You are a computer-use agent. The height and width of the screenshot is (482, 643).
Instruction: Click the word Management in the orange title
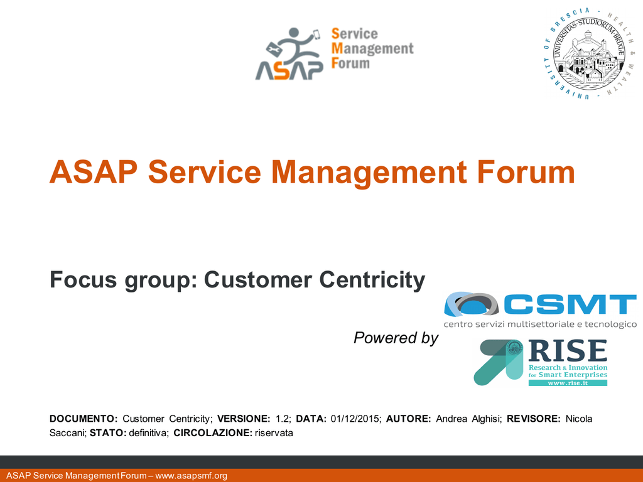[369, 172]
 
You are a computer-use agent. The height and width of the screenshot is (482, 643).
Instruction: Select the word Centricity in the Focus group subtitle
[372, 281]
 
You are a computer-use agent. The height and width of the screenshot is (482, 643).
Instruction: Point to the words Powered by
[396, 338]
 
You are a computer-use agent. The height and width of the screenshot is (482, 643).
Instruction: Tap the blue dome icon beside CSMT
[471, 304]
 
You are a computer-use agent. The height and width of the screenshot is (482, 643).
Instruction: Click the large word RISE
[568, 351]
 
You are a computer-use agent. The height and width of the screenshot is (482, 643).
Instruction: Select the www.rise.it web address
[568, 383]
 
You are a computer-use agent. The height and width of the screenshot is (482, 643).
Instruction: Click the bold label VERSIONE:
[244, 419]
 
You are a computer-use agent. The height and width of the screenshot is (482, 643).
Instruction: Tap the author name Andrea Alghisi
[468, 419]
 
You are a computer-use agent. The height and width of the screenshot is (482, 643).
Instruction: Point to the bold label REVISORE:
[534, 419]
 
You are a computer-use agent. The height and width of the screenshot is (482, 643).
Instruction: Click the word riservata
[274, 433]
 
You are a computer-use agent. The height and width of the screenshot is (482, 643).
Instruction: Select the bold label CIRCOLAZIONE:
[213, 433]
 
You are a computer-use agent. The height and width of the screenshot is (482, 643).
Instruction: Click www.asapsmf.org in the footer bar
[191, 476]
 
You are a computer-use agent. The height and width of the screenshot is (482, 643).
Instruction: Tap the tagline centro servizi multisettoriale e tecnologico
[540, 324]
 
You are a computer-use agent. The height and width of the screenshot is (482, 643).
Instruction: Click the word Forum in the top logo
[350, 63]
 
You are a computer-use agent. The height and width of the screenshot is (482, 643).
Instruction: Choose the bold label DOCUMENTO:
[84, 419]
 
